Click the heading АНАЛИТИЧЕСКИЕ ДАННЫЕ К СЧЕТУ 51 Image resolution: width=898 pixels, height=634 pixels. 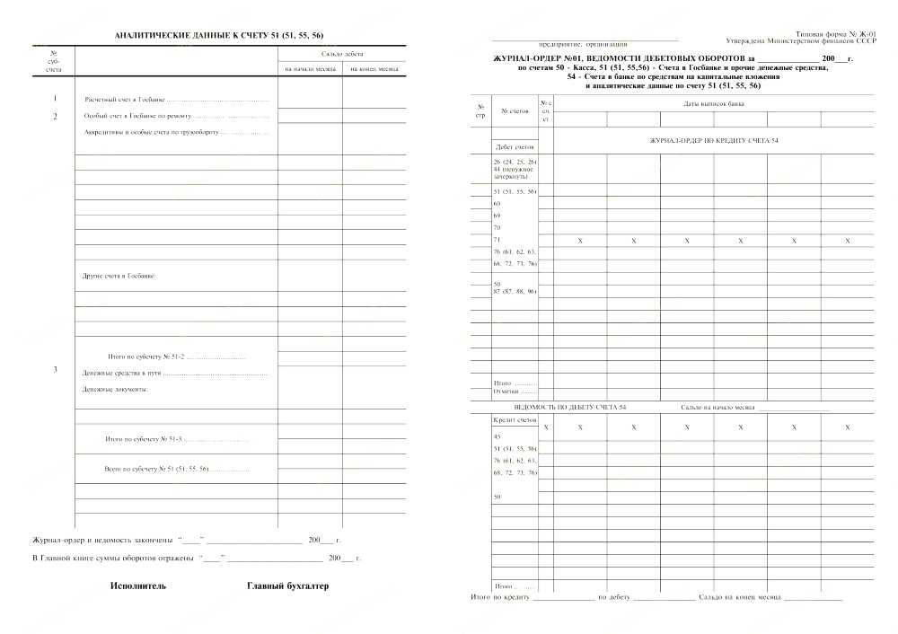219,36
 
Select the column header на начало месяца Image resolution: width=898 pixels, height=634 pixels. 310,68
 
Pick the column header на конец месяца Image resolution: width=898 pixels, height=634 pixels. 374,68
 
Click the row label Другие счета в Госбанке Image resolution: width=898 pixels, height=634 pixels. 119,276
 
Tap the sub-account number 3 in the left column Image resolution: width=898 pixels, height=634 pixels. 55,370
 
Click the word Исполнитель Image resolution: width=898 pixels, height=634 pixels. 138,586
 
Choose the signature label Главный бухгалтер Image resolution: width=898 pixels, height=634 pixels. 287,586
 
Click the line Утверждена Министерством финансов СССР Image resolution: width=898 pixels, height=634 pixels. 800,41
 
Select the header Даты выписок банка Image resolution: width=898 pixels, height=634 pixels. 713,103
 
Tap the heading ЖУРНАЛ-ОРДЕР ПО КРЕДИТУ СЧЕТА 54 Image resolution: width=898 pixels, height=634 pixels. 713,141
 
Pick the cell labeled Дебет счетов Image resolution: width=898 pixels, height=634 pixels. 515,145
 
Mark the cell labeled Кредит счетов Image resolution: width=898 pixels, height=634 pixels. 515,419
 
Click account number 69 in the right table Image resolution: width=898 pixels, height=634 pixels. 497,216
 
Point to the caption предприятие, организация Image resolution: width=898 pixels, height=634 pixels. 583,43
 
